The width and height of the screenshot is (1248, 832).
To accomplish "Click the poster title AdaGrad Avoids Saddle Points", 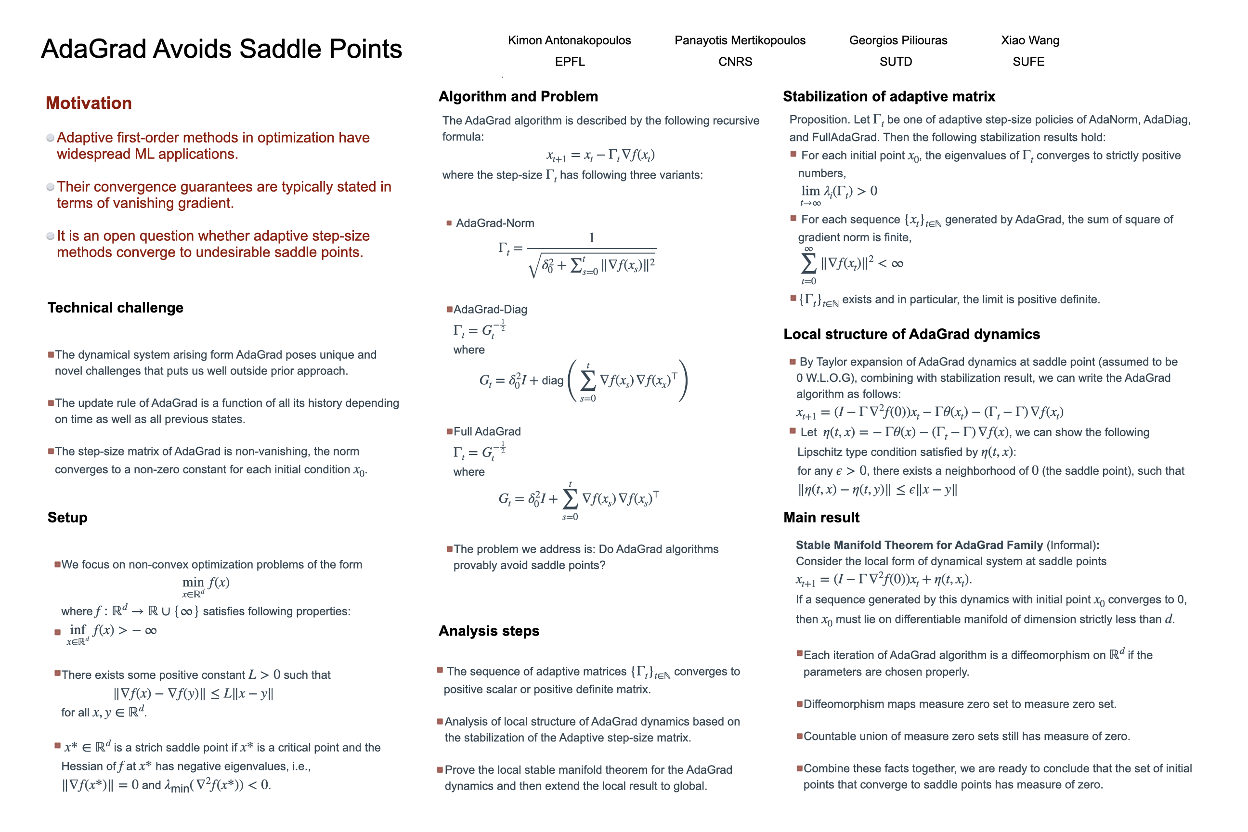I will pyautogui.click(x=221, y=49).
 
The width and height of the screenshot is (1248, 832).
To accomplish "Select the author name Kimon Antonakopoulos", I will pyautogui.click(x=569, y=40).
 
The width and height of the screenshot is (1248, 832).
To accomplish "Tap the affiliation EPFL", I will pyautogui.click(x=570, y=62).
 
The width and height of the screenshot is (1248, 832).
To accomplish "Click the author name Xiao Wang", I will pyautogui.click(x=1029, y=40).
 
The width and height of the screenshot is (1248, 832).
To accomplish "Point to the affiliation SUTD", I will pyautogui.click(x=896, y=62).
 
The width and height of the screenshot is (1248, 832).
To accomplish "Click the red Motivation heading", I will pyautogui.click(x=89, y=103).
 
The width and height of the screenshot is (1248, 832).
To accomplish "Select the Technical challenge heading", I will pyautogui.click(x=115, y=308).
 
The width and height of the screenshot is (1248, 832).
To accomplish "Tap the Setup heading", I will pyautogui.click(x=67, y=517).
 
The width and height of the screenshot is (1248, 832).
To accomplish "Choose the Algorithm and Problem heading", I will pyautogui.click(x=518, y=97).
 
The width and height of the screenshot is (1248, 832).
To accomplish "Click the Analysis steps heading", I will pyautogui.click(x=489, y=631).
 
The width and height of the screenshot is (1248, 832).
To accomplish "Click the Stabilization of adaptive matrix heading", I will pyautogui.click(x=889, y=97).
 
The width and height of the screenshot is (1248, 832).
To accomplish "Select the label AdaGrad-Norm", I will pyautogui.click(x=494, y=223).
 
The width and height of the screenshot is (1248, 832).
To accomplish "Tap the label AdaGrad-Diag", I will pyautogui.click(x=490, y=309).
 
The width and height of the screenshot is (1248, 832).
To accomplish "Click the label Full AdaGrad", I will pyautogui.click(x=487, y=431).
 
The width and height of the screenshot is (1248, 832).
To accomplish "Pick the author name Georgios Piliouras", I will pyautogui.click(x=898, y=40).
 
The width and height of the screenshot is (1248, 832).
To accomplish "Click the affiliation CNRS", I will pyautogui.click(x=735, y=62).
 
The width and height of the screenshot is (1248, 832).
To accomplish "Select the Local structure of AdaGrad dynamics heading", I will pyautogui.click(x=911, y=334).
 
